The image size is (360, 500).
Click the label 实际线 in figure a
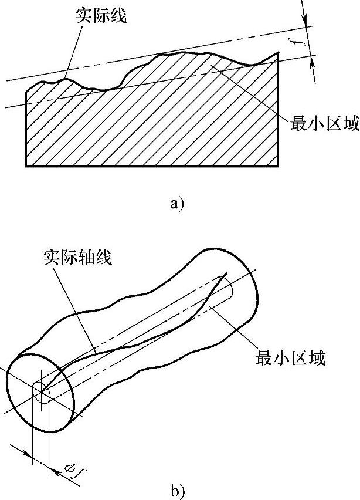click(x=101, y=16)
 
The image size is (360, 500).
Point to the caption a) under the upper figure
click(x=176, y=204)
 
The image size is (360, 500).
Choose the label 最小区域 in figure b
click(x=290, y=357)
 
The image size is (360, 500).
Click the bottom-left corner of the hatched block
click(x=26, y=165)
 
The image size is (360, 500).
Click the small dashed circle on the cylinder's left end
click(x=42, y=391)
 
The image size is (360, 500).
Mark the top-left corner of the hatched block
click(x=26, y=91)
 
